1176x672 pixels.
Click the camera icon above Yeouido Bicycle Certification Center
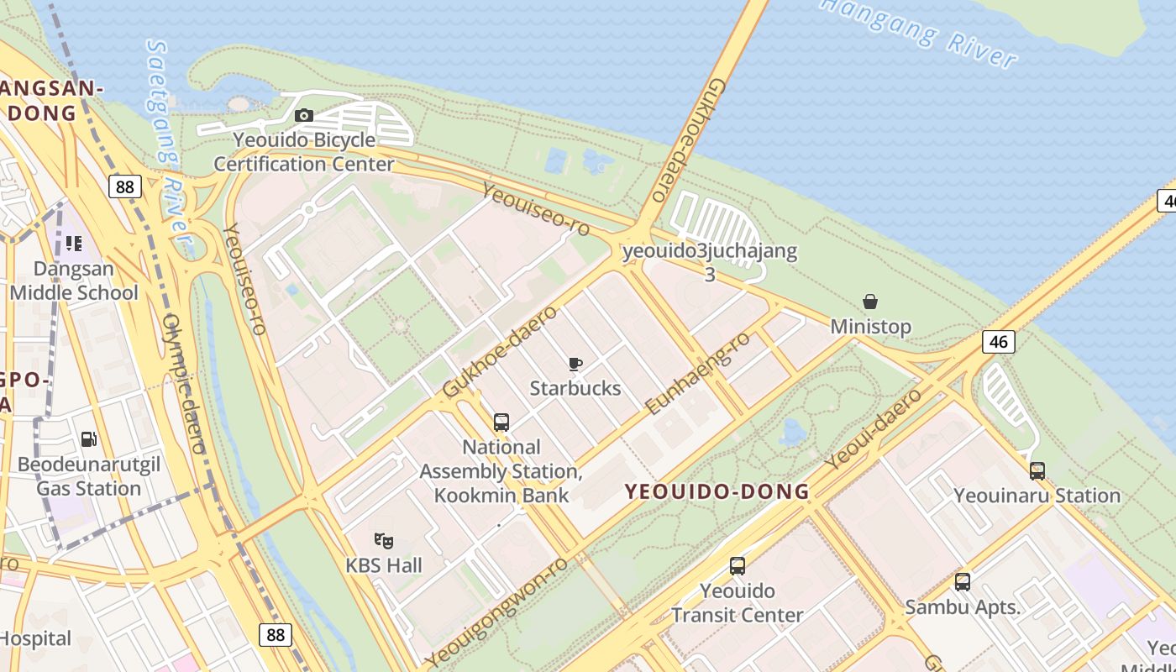click(x=304, y=116)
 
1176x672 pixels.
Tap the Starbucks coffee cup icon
click(x=575, y=364)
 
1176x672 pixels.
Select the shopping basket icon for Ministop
click(x=870, y=302)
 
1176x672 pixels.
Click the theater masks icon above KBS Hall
click(x=384, y=540)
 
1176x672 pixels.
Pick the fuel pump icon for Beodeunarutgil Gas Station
click(x=88, y=439)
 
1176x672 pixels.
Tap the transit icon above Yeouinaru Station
click(x=1037, y=471)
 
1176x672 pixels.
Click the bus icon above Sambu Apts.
click(x=963, y=582)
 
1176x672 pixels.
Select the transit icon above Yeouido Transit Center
click(x=738, y=566)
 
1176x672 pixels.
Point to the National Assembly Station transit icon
click(x=501, y=423)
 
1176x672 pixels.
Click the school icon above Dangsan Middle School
click(x=74, y=244)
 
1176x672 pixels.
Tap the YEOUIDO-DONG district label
click(x=717, y=492)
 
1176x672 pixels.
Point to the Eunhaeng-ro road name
click(x=697, y=373)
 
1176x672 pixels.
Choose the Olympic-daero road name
click(x=184, y=383)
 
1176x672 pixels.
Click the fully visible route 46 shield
click(x=998, y=341)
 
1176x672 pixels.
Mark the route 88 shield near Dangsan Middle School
click(x=124, y=186)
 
